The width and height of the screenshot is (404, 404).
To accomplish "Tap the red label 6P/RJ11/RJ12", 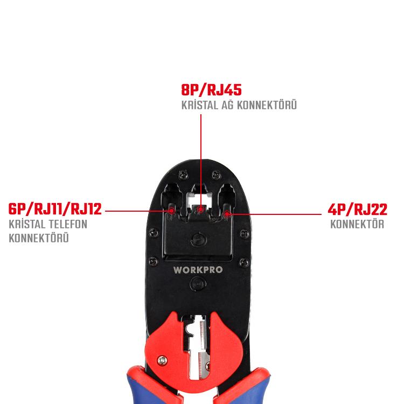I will pyautogui.click(x=55, y=208).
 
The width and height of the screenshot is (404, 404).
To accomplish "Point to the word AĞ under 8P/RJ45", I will pyautogui.click(x=226, y=105).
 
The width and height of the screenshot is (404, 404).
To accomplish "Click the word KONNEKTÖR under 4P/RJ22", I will pyautogui.click(x=357, y=224).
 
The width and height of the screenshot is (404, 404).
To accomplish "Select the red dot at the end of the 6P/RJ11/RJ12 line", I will pyautogui.click(x=172, y=211).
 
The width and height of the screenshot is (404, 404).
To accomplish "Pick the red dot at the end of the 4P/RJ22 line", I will pyautogui.click(x=228, y=214).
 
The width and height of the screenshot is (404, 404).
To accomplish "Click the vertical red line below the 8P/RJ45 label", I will pyautogui.click(x=201, y=156).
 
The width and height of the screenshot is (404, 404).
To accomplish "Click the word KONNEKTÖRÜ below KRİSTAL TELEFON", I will pyautogui.click(x=39, y=238).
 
